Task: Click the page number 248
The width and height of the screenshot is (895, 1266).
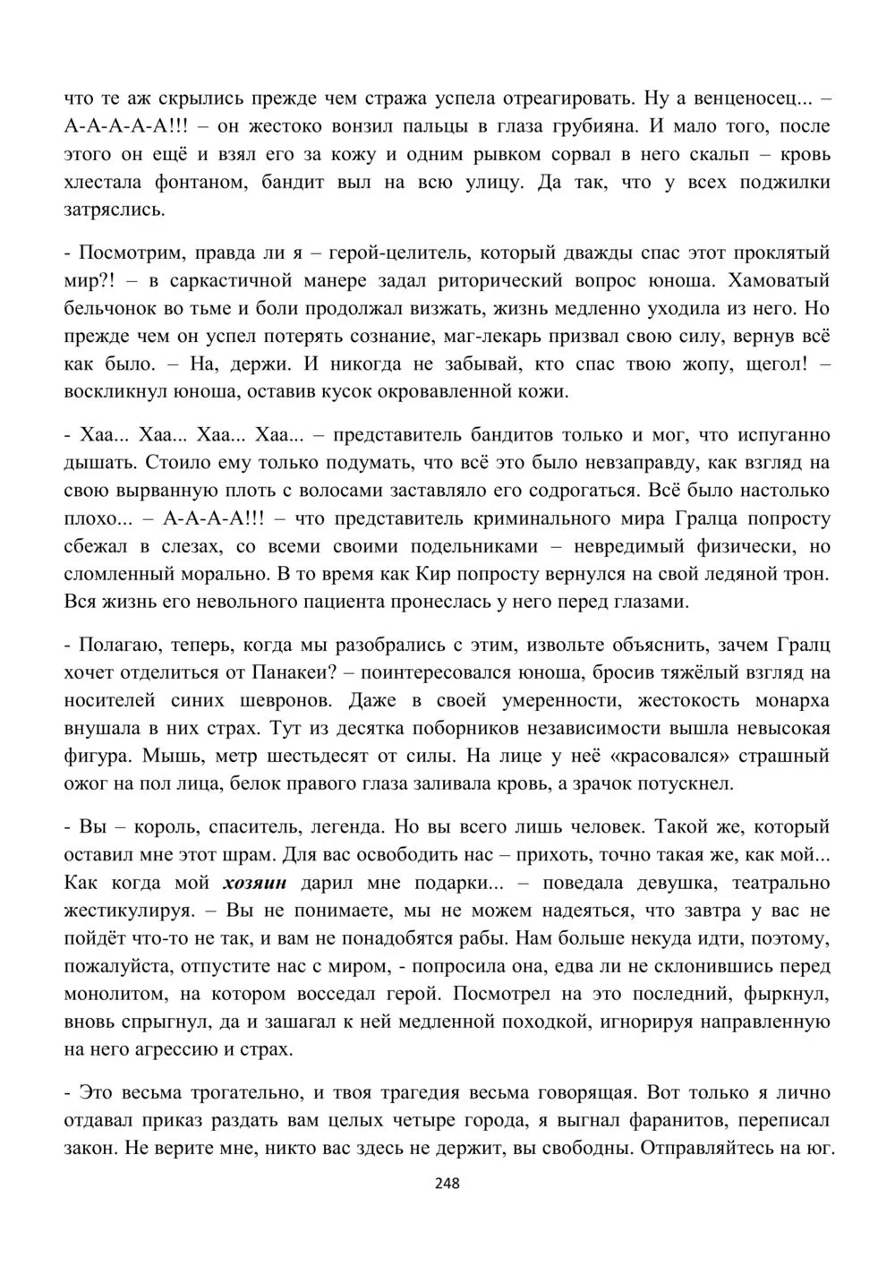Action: (447, 1183)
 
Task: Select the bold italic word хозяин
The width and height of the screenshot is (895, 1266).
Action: (255, 883)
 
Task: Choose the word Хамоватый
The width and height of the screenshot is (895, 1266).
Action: (780, 280)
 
